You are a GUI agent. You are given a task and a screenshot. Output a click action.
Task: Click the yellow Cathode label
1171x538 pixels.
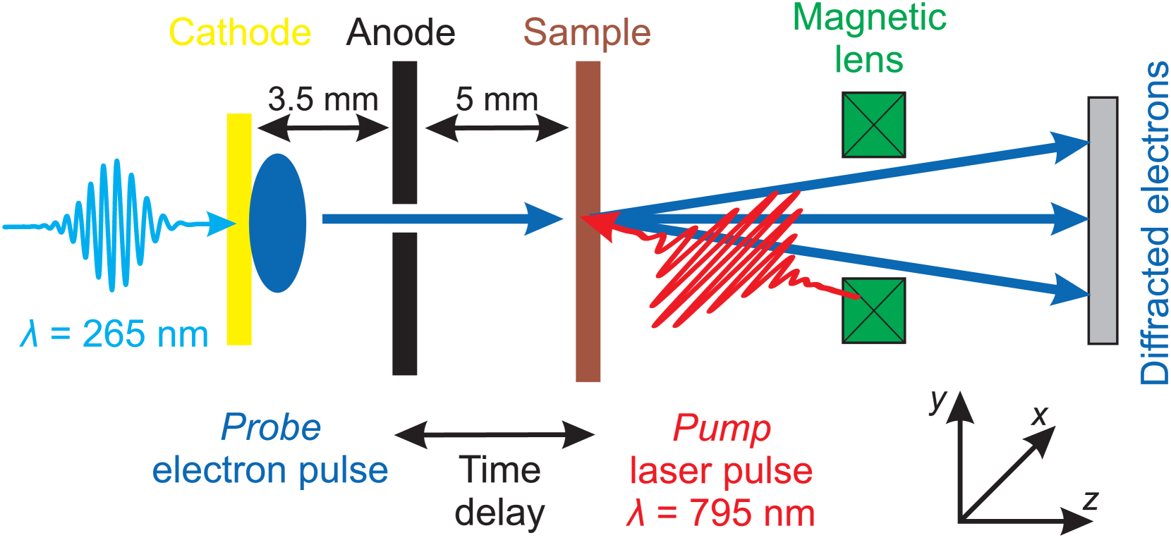click(240, 33)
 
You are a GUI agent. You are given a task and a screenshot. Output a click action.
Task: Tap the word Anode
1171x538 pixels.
click(401, 33)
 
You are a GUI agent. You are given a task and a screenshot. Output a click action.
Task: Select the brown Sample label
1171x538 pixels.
click(587, 33)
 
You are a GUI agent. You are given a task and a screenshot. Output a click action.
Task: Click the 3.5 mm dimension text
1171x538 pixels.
click(323, 99)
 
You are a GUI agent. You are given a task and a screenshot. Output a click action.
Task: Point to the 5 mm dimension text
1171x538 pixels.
click(497, 99)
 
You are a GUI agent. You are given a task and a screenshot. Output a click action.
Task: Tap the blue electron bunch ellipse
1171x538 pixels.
click(278, 223)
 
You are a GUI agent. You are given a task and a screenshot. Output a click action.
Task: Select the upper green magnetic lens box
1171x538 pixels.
click(873, 125)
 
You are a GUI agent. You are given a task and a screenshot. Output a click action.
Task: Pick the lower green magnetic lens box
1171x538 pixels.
click(873, 311)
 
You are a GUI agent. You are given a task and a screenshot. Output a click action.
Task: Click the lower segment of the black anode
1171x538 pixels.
click(405, 303)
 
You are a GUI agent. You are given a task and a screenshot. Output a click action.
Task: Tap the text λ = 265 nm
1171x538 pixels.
click(115, 334)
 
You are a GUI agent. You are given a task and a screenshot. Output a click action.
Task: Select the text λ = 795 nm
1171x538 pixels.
click(720, 513)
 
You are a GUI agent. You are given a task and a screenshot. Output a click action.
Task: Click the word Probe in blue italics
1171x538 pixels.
click(271, 427)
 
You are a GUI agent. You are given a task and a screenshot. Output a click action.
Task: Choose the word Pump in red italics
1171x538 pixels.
click(721, 427)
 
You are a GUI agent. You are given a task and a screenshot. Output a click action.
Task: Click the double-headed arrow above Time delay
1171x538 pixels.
click(495, 434)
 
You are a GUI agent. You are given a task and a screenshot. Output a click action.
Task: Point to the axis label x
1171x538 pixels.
click(1039, 415)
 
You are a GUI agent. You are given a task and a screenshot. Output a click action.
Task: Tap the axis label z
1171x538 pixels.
click(1090, 501)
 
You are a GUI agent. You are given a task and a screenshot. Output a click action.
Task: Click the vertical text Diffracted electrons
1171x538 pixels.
click(1155, 222)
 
